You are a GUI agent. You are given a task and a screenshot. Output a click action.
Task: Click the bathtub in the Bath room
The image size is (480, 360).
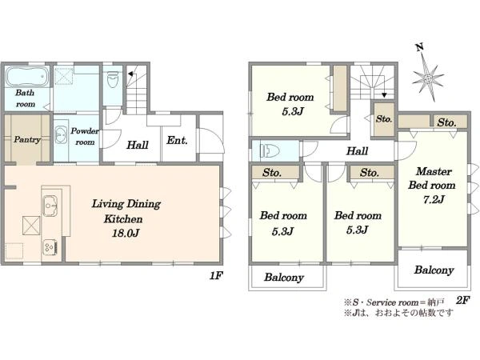[27, 76]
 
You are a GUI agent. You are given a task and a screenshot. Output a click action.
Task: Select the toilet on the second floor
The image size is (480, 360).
[270, 150]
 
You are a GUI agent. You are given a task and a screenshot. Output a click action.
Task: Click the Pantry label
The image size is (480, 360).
[27, 139]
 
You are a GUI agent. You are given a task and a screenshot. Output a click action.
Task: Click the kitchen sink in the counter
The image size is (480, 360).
[50, 206]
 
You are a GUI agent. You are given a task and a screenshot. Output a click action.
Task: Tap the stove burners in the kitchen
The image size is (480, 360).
[50, 246]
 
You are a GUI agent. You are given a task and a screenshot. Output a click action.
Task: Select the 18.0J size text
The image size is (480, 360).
[126, 234]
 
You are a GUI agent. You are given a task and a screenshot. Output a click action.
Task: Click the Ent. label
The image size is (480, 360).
[177, 141]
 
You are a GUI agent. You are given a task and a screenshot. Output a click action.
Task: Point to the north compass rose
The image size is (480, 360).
[428, 78]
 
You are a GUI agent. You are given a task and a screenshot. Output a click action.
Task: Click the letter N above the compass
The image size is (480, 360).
[420, 47]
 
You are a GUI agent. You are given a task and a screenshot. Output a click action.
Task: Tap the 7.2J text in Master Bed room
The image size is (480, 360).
[434, 199]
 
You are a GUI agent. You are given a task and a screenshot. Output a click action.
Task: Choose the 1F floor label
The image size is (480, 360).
[215, 276]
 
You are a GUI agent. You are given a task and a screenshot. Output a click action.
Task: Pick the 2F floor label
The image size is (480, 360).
[462, 300]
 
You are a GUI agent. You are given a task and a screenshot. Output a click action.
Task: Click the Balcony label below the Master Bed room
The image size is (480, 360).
[434, 270]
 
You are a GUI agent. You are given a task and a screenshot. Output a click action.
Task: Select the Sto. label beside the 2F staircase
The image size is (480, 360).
[384, 118]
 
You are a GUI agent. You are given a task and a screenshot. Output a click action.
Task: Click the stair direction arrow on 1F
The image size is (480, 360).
[130, 74]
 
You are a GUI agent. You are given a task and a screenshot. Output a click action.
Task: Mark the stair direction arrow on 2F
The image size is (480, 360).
[384, 91]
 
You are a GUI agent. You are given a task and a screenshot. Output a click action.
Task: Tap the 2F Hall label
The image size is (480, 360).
[358, 151]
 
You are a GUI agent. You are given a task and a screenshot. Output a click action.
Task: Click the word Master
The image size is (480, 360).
[434, 171]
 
